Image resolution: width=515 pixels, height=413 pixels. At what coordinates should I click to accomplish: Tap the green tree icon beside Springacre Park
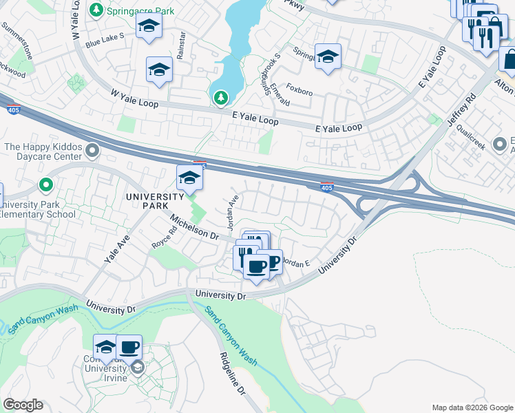pos(96,10)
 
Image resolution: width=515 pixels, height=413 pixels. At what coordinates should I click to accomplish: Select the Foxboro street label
pos(299,89)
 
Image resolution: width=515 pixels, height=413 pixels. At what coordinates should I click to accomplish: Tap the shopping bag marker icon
pos(509,60)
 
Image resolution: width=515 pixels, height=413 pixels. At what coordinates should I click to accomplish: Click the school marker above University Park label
pos(189,178)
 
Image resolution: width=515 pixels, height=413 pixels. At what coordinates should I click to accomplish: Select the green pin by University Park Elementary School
pos(46,184)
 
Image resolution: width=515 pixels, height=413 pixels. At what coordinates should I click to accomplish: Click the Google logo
pos(23,405)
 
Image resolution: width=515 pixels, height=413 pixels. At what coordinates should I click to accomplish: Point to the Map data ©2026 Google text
pos(472,407)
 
